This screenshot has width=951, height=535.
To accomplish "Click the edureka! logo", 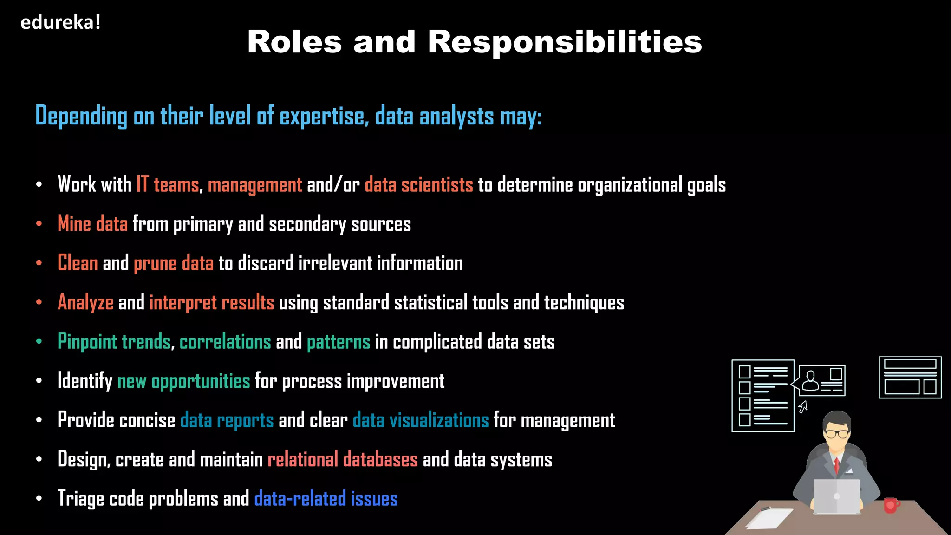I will click(60, 23).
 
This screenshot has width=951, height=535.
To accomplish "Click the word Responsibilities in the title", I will click(565, 42).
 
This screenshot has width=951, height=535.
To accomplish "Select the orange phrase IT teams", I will click(168, 185).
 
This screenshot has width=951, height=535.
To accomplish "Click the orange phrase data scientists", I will click(419, 185).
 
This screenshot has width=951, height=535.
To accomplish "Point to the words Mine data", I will click(92, 224).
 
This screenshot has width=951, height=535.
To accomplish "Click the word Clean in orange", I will click(78, 263).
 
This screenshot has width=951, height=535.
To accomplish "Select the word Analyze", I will click(85, 303).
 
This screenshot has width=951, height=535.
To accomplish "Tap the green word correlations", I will click(225, 342).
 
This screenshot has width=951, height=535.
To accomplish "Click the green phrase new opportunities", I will click(184, 381).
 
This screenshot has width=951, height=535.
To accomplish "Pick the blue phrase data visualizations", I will click(421, 420).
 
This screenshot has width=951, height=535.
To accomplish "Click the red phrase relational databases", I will click(343, 459).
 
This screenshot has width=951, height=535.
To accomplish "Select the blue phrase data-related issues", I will click(326, 499).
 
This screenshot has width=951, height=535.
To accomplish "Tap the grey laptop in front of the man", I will click(837, 496).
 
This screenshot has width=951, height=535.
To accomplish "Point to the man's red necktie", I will click(837, 464).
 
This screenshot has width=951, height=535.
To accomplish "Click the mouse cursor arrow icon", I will click(803, 407).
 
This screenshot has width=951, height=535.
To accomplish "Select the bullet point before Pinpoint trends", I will click(39, 342).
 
